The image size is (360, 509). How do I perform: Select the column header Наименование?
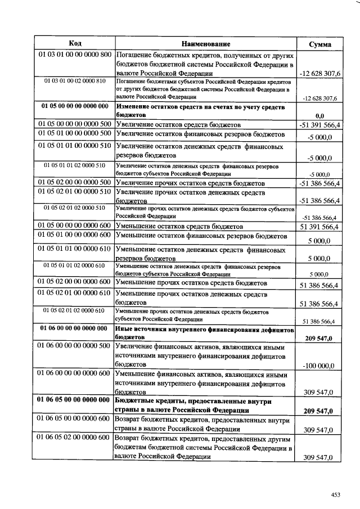pos(206,44)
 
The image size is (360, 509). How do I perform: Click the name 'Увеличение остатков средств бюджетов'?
pos(178,124)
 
